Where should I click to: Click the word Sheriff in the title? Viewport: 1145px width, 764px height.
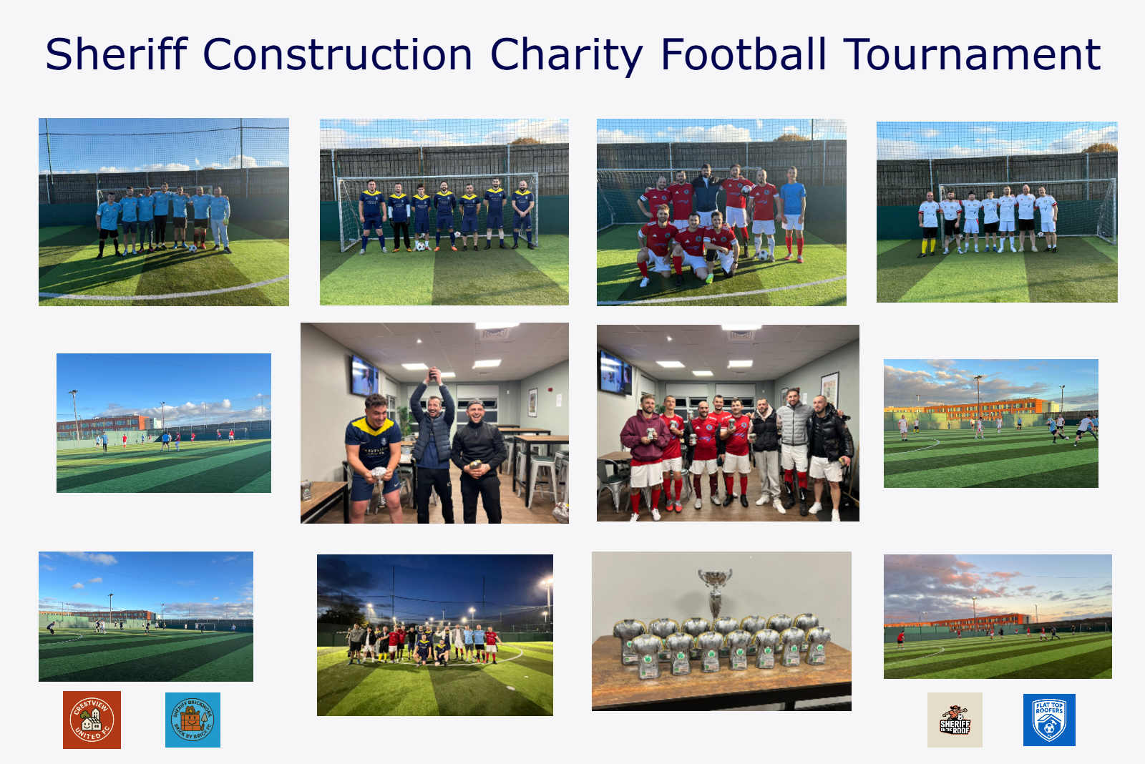click(x=117, y=54)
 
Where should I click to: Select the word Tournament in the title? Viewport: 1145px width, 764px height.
click(x=972, y=54)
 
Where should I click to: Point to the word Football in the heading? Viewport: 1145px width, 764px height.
click(x=744, y=54)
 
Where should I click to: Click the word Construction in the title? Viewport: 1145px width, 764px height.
click(x=337, y=54)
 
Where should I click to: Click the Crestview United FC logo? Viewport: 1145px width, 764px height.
click(x=92, y=720)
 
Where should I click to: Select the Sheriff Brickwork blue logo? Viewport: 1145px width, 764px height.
click(x=193, y=720)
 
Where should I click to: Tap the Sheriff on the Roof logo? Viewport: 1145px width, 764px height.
click(x=955, y=720)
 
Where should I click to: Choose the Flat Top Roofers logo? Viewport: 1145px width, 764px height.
click(x=1049, y=720)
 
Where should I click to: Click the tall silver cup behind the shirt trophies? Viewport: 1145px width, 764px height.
click(x=716, y=588)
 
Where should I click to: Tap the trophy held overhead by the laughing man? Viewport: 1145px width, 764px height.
click(x=433, y=374)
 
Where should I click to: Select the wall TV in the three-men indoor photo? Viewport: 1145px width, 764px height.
click(x=364, y=375)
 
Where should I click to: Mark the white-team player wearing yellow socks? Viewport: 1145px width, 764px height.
click(x=928, y=222)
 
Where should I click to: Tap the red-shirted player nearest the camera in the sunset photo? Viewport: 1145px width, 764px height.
click(x=900, y=636)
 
